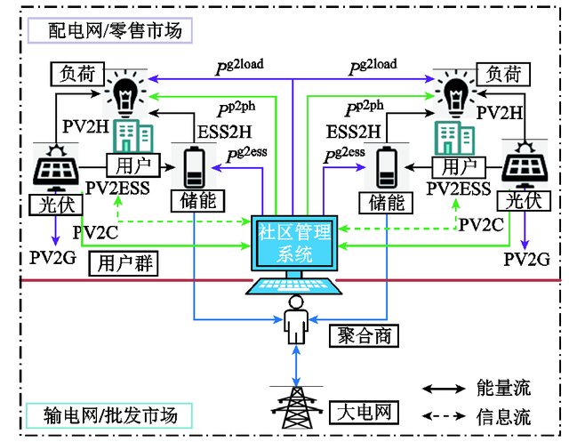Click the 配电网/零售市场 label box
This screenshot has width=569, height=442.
click(x=105, y=31)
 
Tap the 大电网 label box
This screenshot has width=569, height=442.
click(x=365, y=413)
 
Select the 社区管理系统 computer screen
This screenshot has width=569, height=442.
click(x=293, y=243)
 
